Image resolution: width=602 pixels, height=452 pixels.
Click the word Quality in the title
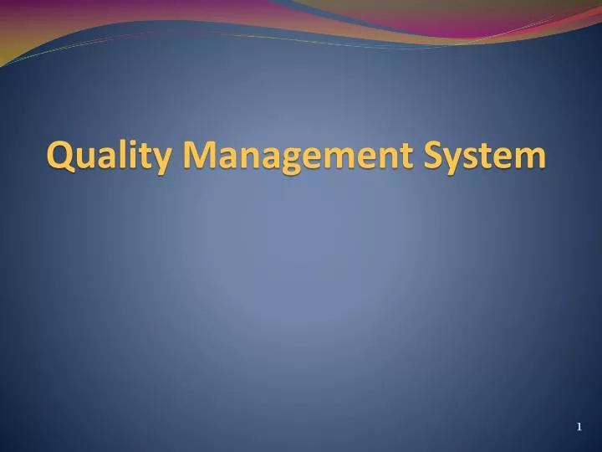click(110, 156)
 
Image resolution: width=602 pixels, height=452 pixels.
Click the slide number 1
click(579, 428)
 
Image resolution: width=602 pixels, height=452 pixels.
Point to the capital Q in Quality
click(60, 155)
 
